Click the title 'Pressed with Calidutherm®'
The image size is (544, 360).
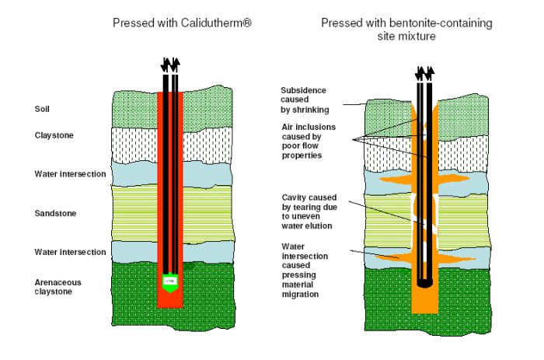[183, 23]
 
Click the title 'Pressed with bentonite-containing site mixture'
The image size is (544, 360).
[406, 30]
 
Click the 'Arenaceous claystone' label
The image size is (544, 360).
[58, 287]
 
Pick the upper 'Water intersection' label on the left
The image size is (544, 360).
[70, 174]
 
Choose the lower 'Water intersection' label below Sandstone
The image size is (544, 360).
[70, 252]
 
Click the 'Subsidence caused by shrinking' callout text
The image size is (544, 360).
[304, 100]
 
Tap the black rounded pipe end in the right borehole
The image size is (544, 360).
[424, 282]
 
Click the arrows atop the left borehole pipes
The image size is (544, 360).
[170, 65]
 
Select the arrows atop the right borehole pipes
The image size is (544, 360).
[424, 73]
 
